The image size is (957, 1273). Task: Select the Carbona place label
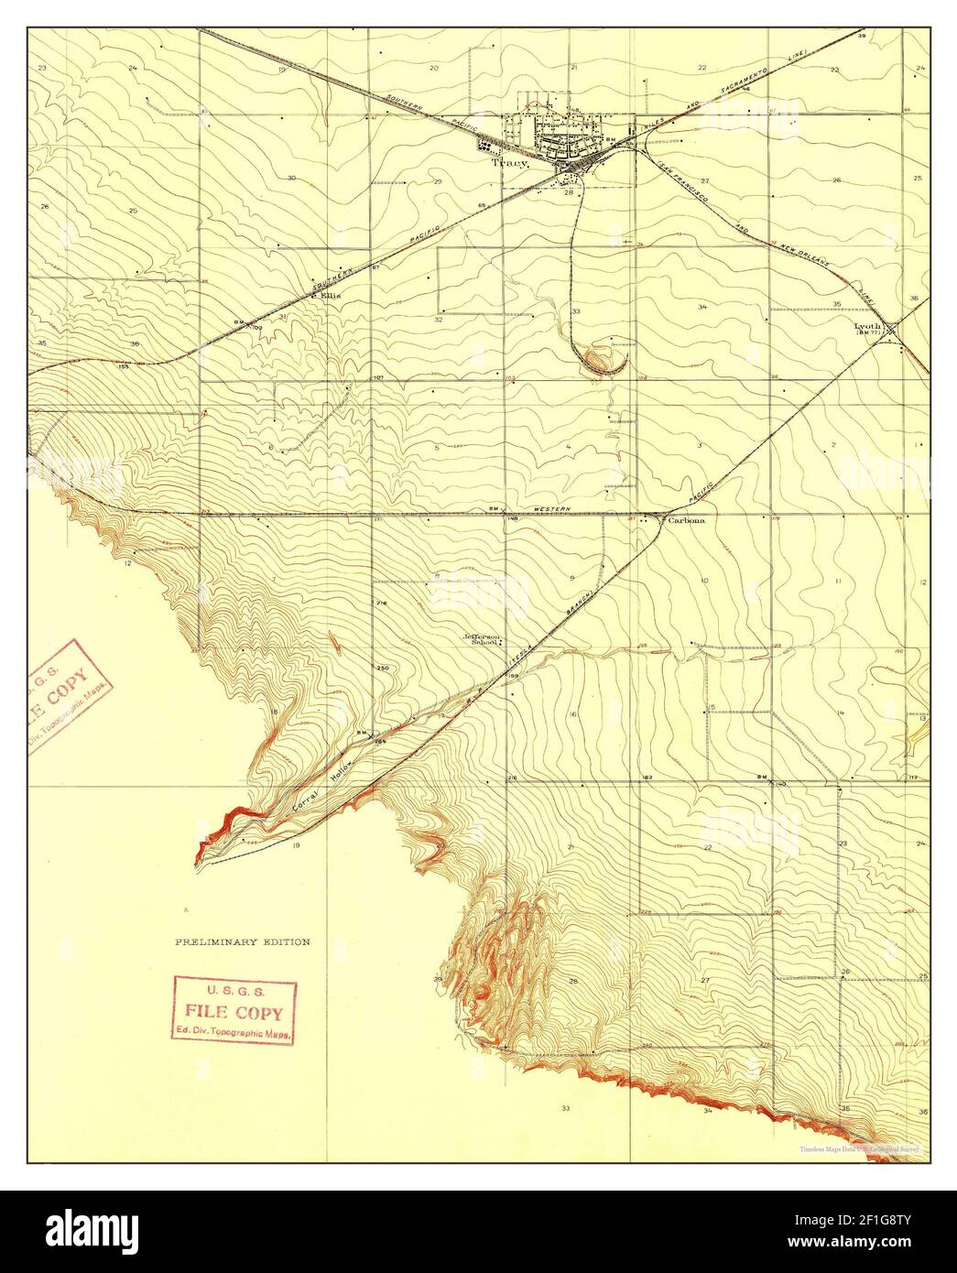pyautogui.click(x=686, y=520)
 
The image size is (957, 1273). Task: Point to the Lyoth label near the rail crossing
pyautogui.click(x=866, y=325)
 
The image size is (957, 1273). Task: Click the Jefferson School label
pyautogui.click(x=482, y=639)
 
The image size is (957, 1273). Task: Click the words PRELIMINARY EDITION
pyautogui.click(x=243, y=941)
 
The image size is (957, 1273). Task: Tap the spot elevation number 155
pyautogui.click(x=123, y=366)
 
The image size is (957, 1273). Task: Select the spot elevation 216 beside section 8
pyautogui.click(x=382, y=603)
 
